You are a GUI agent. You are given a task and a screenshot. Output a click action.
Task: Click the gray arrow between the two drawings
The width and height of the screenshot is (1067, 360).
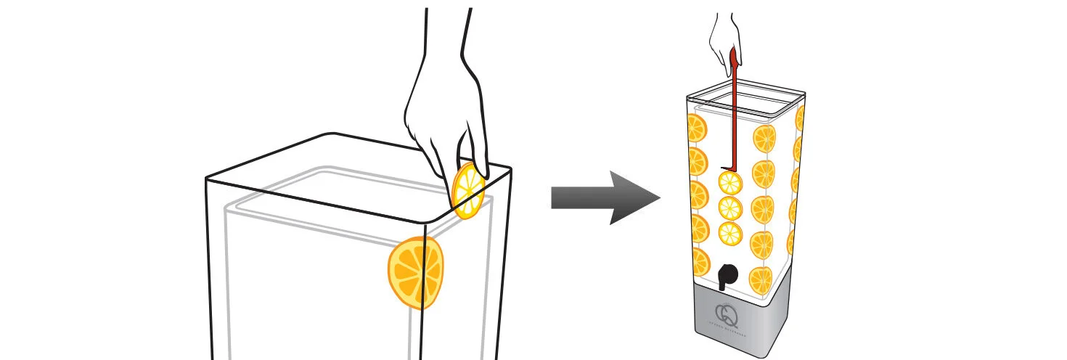[x=602, y=197]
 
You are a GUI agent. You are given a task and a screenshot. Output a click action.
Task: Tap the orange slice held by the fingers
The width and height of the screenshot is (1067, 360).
[x=468, y=190]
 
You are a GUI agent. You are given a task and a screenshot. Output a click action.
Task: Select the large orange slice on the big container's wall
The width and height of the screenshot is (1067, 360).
[x=416, y=272]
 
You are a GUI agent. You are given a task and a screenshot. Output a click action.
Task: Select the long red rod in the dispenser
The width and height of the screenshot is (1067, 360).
[x=734, y=109]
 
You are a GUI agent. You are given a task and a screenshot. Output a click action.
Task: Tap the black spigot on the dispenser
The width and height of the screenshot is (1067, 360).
[x=727, y=276]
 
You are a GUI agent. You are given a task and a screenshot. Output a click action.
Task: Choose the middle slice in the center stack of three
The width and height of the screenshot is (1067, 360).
[x=730, y=208]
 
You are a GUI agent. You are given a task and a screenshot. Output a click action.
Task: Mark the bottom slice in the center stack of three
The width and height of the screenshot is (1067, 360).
[x=730, y=233]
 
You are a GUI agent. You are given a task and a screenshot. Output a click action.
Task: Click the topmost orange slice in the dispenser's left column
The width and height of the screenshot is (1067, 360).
[x=697, y=128]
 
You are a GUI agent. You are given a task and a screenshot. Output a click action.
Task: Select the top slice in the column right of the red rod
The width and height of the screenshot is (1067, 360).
[x=764, y=139]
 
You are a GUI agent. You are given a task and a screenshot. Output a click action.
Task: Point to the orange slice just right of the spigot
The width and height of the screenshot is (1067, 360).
[x=761, y=279]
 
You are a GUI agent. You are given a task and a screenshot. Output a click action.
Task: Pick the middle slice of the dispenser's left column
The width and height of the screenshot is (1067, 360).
[x=698, y=195]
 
